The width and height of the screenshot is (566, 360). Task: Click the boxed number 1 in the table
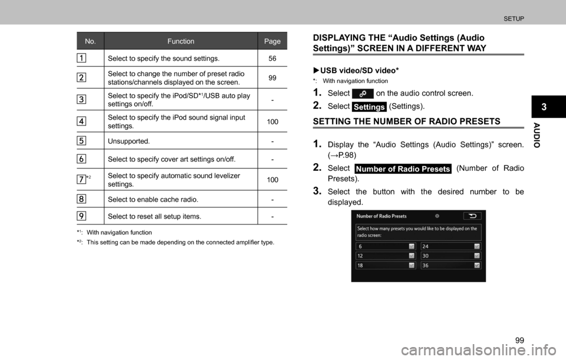81,58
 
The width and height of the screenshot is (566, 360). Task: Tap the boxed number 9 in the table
81,216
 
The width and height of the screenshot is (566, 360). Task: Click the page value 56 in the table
272,58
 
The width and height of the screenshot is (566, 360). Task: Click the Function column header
180,41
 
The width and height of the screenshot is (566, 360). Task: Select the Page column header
272,41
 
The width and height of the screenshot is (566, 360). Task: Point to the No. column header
90,41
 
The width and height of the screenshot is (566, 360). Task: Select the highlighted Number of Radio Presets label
403,169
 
